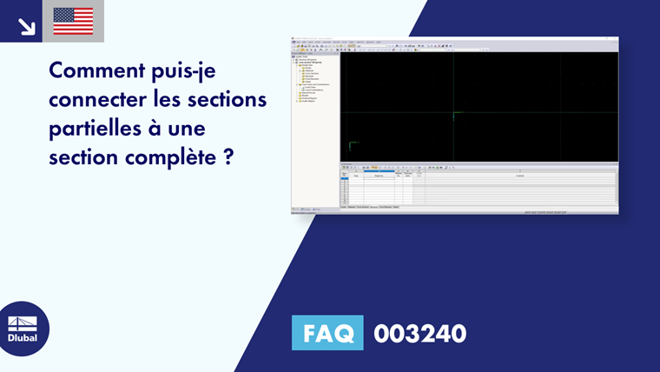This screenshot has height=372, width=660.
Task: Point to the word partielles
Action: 95,130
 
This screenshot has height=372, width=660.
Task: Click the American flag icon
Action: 73,21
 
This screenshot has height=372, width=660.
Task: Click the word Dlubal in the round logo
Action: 23,337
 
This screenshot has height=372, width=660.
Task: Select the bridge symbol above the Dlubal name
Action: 23,322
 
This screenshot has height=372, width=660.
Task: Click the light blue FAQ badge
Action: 327,333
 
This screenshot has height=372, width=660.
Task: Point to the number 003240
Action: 419,333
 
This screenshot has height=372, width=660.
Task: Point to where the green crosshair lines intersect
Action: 453,112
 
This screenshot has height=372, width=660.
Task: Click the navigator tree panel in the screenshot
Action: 314,122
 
